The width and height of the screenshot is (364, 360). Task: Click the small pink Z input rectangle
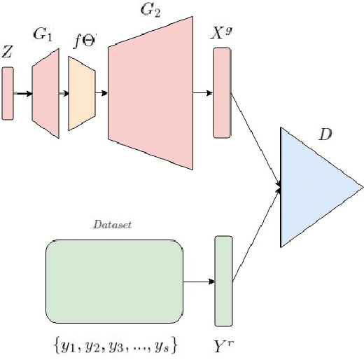pyautogui.click(x=8, y=93)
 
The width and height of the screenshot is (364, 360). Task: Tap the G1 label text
pyautogui.click(x=43, y=35)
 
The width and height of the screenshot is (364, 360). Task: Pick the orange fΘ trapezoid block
pyautogui.click(x=81, y=93)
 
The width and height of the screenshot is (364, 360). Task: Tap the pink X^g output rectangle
pyautogui.click(x=221, y=92)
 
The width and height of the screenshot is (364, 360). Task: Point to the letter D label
pyautogui.click(x=325, y=133)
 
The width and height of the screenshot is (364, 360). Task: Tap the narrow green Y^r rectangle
pyautogui.click(x=223, y=281)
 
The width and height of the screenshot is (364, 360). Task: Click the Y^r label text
pyautogui.click(x=224, y=345)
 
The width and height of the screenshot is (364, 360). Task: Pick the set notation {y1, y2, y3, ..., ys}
pyautogui.click(x=115, y=345)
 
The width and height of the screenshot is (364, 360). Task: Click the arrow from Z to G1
pyautogui.click(x=23, y=93)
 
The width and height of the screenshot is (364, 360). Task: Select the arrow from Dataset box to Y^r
pyautogui.click(x=198, y=282)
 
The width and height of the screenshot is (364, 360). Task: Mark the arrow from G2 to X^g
pyautogui.click(x=202, y=92)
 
